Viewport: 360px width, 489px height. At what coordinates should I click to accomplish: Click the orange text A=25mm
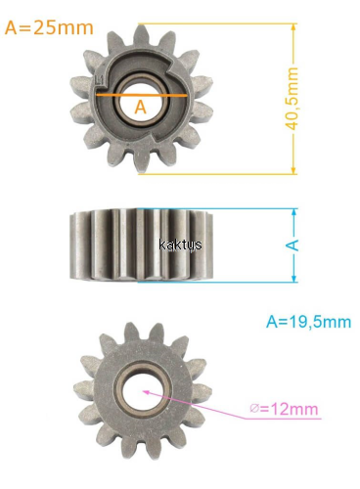coord(49,27)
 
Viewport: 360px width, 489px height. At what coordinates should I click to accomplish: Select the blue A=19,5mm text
coord(308,322)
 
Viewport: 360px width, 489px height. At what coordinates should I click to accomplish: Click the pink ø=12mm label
coord(284,409)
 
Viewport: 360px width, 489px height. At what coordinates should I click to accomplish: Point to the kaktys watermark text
coord(180,244)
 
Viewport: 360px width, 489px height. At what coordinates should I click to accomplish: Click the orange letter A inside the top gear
coord(141,107)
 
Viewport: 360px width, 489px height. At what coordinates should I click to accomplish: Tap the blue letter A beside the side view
coord(293,244)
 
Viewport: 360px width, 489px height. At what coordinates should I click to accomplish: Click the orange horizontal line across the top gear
coord(141,95)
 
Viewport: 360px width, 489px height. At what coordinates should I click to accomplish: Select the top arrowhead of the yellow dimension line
coord(293,27)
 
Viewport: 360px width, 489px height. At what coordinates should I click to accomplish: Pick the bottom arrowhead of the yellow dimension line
coord(293,170)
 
